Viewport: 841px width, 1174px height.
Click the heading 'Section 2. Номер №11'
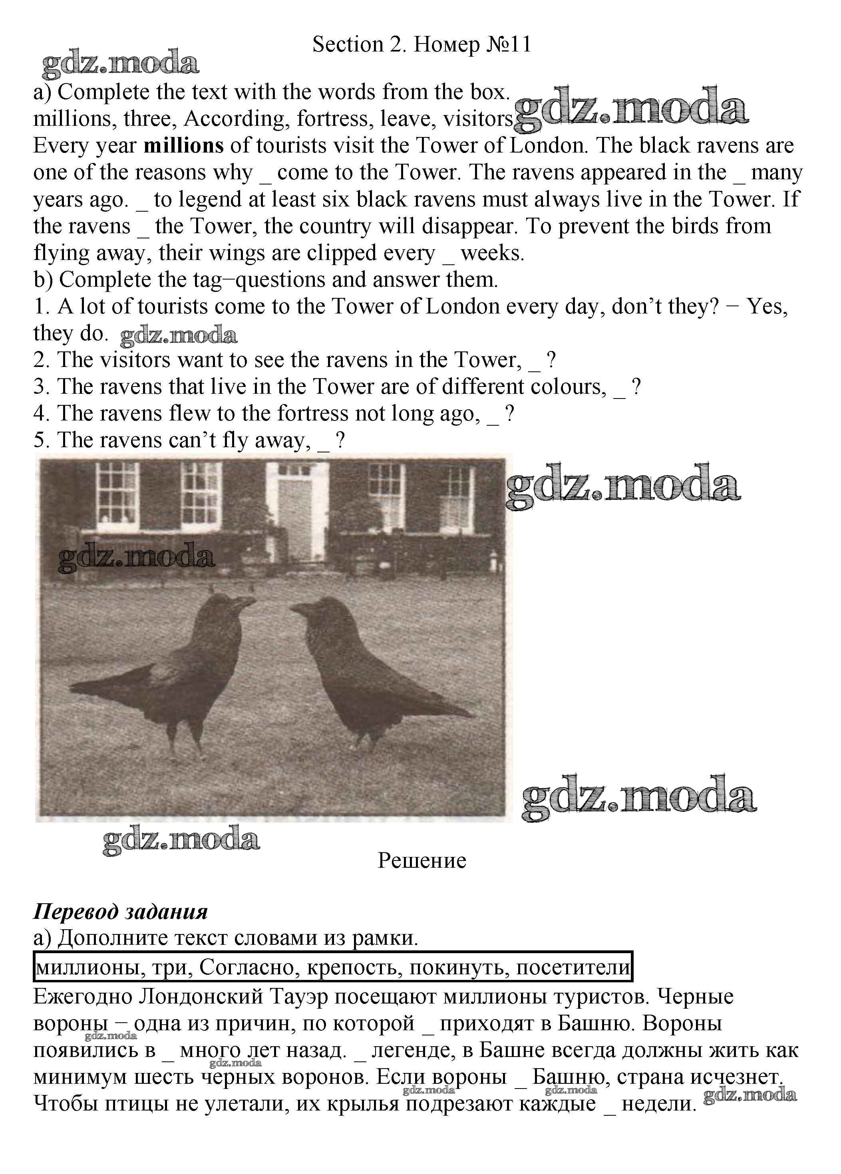coord(421,45)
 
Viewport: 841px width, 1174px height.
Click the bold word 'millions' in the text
coord(184,146)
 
